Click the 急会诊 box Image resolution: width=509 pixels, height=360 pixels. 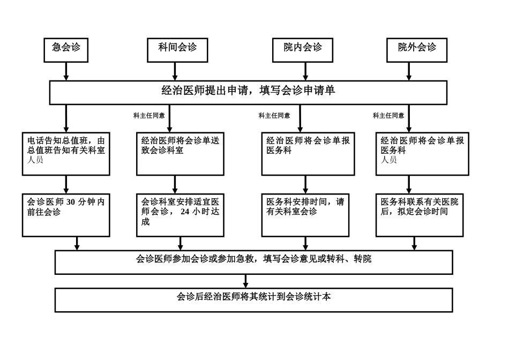coord(66,50)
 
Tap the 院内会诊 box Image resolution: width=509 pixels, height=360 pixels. coord(303,50)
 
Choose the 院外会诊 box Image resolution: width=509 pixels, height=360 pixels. coord(417,50)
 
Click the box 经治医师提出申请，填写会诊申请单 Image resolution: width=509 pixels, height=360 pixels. coord(248,92)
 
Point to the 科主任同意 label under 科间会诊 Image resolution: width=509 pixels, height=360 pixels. coord(149,115)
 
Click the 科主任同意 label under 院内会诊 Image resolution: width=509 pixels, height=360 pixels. coord(274,115)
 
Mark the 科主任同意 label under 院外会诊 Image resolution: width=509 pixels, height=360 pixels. coord(388,115)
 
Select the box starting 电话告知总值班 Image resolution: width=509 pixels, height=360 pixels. coord(66,154)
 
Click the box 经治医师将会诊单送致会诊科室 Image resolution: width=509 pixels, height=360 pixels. coord(180,154)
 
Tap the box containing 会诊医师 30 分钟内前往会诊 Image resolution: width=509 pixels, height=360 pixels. coord(66,215)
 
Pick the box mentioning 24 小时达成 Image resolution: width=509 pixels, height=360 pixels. coord(180,215)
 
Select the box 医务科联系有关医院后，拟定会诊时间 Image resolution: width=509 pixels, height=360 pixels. coord(420,215)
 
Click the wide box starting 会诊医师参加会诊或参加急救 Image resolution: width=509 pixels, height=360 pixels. coord(253,262)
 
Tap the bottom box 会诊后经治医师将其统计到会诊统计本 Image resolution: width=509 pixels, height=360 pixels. coord(253,299)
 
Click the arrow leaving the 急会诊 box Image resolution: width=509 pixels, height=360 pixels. coord(66,71)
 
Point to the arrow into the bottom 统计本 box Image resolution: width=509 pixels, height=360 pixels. coord(246,281)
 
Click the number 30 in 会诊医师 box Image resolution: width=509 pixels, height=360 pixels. coord(72,202)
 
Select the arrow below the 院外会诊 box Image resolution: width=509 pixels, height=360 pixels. coord(409,71)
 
